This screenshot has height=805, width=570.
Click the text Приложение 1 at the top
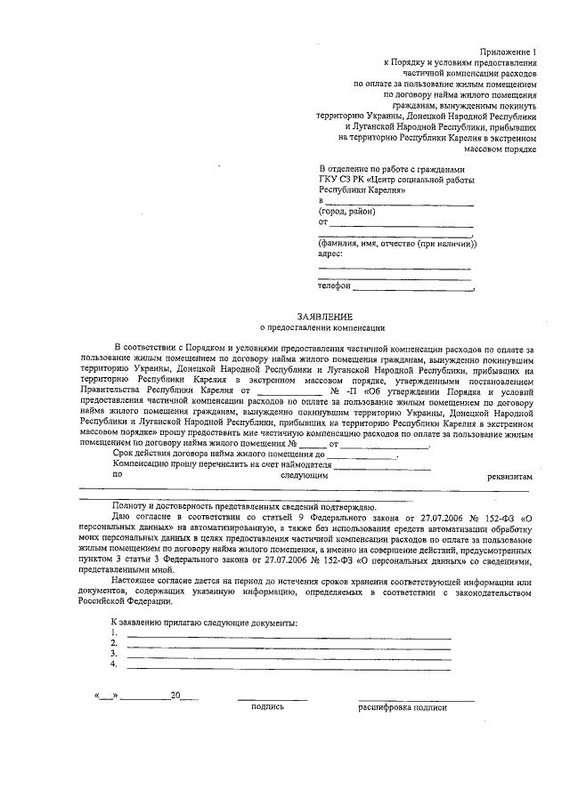(510, 52)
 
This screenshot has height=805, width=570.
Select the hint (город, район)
(347, 212)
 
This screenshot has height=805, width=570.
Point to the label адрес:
(330, 254)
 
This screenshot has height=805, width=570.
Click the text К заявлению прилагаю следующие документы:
(203, 622)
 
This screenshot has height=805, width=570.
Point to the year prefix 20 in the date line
(175, 695)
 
